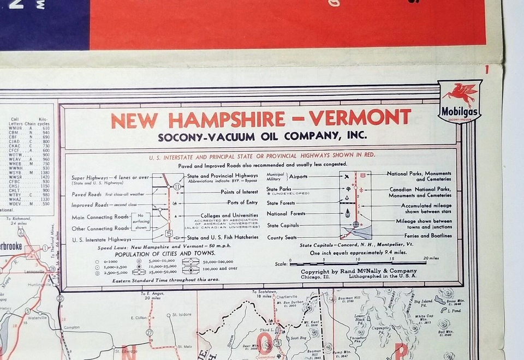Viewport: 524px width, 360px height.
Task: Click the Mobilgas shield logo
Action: [460, 101]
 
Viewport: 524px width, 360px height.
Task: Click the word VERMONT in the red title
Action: [360, 118]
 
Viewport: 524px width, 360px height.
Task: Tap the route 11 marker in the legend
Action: [176, 186]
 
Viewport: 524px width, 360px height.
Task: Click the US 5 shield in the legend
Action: [170, 233]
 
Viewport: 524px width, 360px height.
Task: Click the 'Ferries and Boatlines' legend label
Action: [425, 236]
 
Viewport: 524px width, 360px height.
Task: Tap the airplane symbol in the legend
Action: [347, 177]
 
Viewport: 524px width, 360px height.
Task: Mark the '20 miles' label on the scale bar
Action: [431, 259]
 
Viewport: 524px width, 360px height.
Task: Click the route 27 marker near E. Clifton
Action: [149, 332]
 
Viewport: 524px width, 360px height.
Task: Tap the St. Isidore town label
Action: [182, 315]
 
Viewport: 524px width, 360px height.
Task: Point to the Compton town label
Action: [72, 327]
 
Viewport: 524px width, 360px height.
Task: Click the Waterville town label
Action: [37, 317]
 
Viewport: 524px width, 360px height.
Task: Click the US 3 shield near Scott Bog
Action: [277, 343]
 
